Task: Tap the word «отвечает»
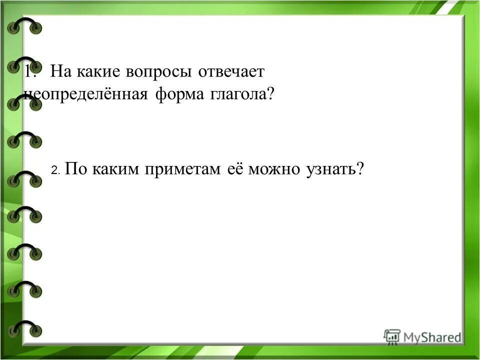click(x=231, y=72)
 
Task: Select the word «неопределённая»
click(x=85, y=94)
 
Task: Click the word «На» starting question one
click(x=61, y=72)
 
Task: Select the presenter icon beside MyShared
click(x=392, y=336)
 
